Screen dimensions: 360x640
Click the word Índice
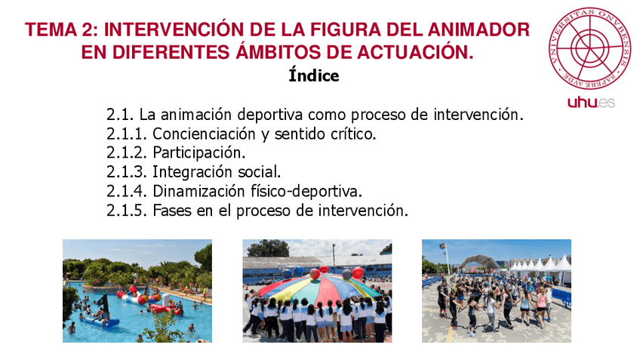tap(314, 75)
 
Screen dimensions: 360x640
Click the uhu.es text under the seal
tap(591, 102)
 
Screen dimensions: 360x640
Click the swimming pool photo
tap(137, 291)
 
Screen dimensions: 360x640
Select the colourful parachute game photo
tap(317, 291)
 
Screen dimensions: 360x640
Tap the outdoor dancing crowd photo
tap(496, 291)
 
